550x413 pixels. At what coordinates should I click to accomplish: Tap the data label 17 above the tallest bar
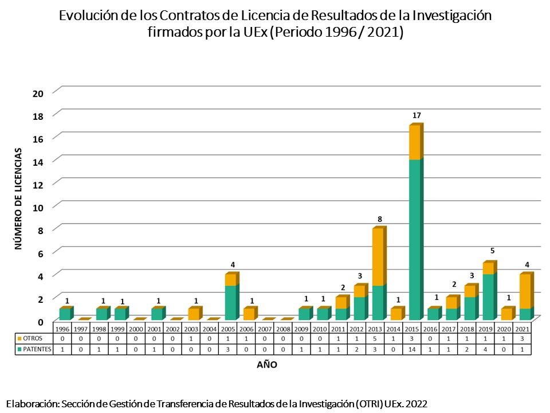point(417,116)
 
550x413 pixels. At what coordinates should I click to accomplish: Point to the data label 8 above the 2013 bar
point(379,219)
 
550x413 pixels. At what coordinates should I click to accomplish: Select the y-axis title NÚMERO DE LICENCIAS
point(18,198)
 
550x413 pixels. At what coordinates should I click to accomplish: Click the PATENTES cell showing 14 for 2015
point(414,348)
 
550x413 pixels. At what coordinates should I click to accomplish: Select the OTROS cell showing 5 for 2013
point(378,338)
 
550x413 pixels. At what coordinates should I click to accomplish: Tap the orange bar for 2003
point(194,314)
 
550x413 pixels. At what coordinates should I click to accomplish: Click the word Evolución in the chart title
point(92,15)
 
